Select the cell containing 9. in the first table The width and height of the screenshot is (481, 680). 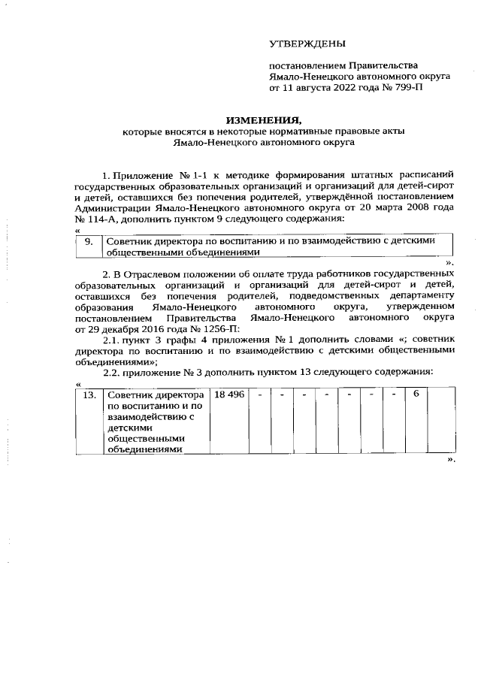click(x=89, y=242)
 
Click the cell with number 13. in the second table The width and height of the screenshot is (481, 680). click(x=89, y=395)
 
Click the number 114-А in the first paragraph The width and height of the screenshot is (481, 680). click(x=105, y=219)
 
